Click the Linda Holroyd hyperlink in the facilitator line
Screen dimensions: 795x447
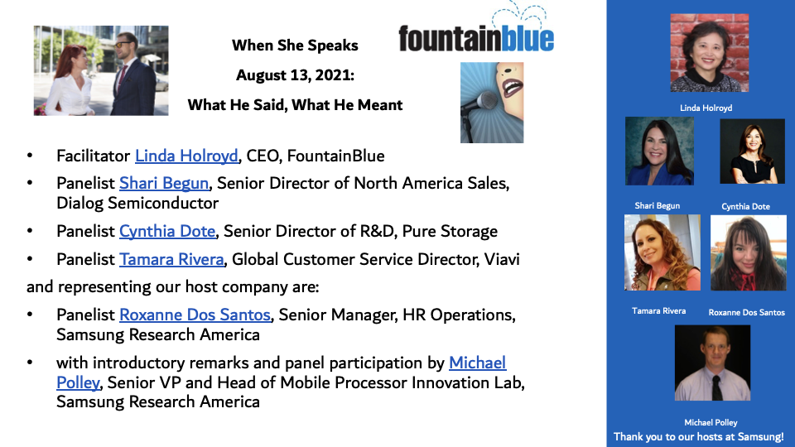pyautogui.click(x=186, y=156)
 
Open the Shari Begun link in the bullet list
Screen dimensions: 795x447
pyautogui.click(x=164, y=184)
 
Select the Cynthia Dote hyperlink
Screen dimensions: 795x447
pyautogui.click(x=167, y=232)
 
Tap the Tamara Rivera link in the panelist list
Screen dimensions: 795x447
pyautogui.click(x=171, y=259)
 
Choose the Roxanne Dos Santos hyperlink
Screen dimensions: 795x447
pyautogui.click(x=195, y=315)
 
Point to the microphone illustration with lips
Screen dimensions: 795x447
pyautogui.click(x=492, y=103)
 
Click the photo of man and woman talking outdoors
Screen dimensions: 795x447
pyautogui.click(x=101, y=70)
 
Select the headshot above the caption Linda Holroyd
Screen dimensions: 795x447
pyautogui.click(x=710, y=53)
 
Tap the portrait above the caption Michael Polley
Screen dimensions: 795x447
pyautogui.click(x=712, y=363)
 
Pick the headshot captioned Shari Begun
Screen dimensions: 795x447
pyautogui.click(x=659, y=151)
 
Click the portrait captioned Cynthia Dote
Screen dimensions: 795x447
pyautogui.click(x=752, y=151)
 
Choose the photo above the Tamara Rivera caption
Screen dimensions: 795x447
pyautogui.click(x=662, y=252)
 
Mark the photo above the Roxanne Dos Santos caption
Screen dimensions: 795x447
pyautogui.click(x=749, y=253)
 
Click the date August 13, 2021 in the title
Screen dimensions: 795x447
pyautogui.click(x=295, y=75)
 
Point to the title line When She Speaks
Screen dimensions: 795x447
pyautogui.click(x=295, y=45)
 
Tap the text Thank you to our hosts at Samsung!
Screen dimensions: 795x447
pyautogui.click(x=699, y=437)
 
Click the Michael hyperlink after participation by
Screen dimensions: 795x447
pyautogui.click(x=477, y=363)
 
